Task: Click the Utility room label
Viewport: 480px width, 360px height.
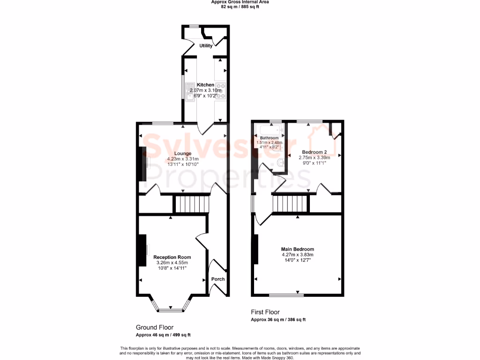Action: coord(206,46)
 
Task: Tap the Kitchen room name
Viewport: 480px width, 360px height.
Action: coord(205,85)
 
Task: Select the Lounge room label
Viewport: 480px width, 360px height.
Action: coord(182,153)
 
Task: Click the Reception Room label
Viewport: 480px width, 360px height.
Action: coord(172,257)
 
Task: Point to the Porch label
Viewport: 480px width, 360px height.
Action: coord(218,279)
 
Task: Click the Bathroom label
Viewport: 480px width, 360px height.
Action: coord(269,138)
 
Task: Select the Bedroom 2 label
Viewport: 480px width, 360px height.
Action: coord(314,152)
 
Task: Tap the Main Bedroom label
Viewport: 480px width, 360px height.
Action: coord(297,249)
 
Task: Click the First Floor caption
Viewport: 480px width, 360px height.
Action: coord(265,312)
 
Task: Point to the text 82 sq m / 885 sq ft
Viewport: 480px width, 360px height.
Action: coord(240,7)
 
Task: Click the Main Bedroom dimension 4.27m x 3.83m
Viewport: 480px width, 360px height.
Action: coord(297,255)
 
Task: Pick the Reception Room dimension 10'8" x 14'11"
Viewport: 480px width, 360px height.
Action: coord(172,269)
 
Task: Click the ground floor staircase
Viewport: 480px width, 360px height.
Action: coord(191,204)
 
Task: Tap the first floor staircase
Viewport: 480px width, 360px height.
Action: coord(290,204)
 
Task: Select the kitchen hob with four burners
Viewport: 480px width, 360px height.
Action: coord(220,91)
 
